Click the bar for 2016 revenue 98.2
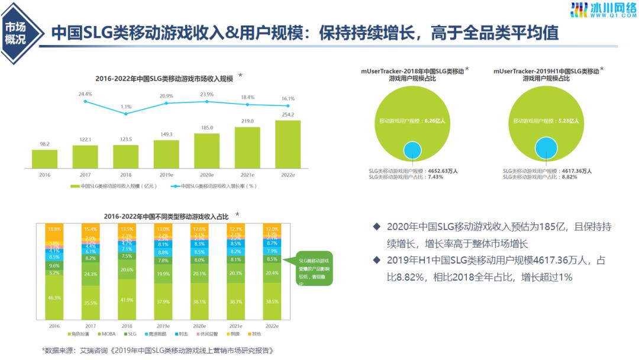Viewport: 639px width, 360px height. (45, 159)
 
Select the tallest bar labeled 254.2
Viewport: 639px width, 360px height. (288, 144)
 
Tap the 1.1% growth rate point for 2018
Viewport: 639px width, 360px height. (126, 113)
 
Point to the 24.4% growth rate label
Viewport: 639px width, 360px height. (85, 94)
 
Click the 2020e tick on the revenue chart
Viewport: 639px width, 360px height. (206, 175)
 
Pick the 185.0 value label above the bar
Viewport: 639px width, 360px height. (206, 127)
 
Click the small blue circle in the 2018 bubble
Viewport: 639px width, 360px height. (413, 150)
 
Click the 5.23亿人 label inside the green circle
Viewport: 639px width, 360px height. (569, 121)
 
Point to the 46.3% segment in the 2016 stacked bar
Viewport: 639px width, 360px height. (54, 298)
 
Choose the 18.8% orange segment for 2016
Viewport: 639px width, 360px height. (54, 229)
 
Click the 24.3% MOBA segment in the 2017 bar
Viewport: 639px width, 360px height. (91, 274)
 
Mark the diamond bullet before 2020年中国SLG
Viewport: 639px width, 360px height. (377, 227)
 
